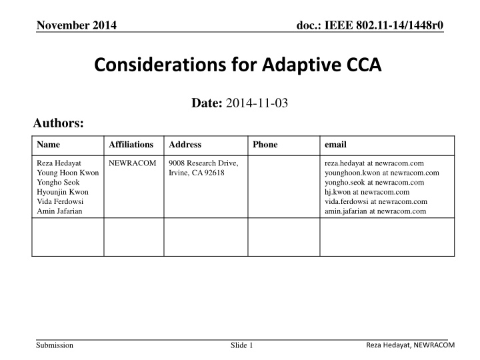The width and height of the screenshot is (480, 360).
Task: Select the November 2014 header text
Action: point(76,25)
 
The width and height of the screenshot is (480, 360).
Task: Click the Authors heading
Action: point(59,123)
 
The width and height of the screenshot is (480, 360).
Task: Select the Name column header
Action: point(47,144)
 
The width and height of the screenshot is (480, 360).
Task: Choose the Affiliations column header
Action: point(131,144)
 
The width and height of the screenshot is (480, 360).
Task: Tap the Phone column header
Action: point(265,144)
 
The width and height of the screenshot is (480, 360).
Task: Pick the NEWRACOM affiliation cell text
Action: point(132,163)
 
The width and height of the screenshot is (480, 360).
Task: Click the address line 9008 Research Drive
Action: point(203,163)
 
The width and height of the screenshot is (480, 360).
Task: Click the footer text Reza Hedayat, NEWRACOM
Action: point(410,343)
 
